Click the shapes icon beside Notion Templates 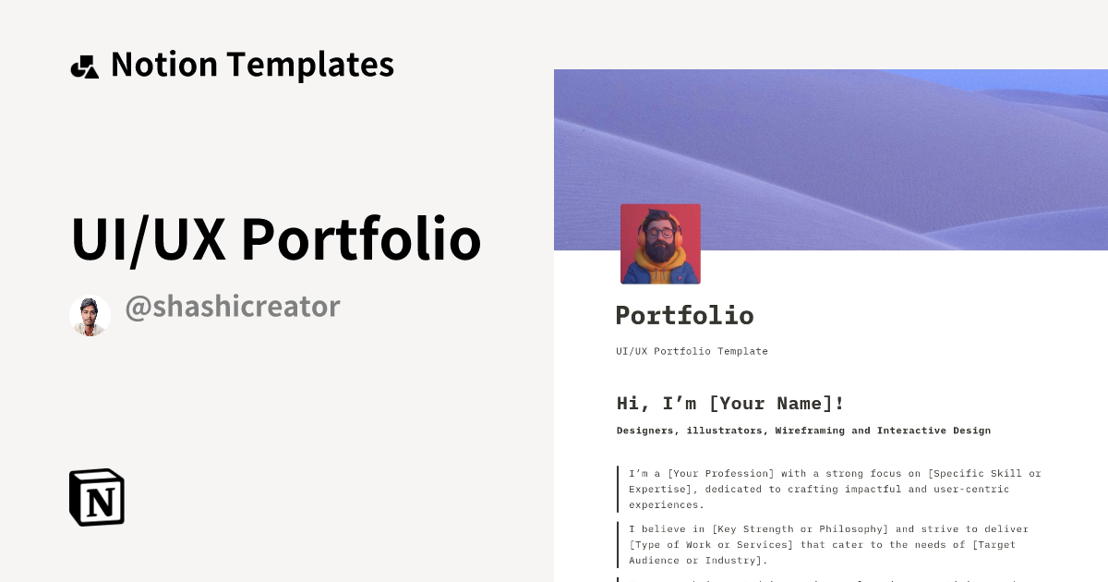tap(84, 67)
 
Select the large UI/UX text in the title tap(148, 239)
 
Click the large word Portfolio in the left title tap(361, 239)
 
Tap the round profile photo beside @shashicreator tap(90, 316)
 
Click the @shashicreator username tap(233, 307)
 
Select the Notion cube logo tap(97, 497)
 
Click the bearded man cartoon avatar tap(660, 244)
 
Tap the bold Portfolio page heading tap(684, 315)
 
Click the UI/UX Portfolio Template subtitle tap(692, 351)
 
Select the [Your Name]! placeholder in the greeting tap(777, 404)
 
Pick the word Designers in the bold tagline tap(647, 430)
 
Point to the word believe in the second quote tap(667, 529)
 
